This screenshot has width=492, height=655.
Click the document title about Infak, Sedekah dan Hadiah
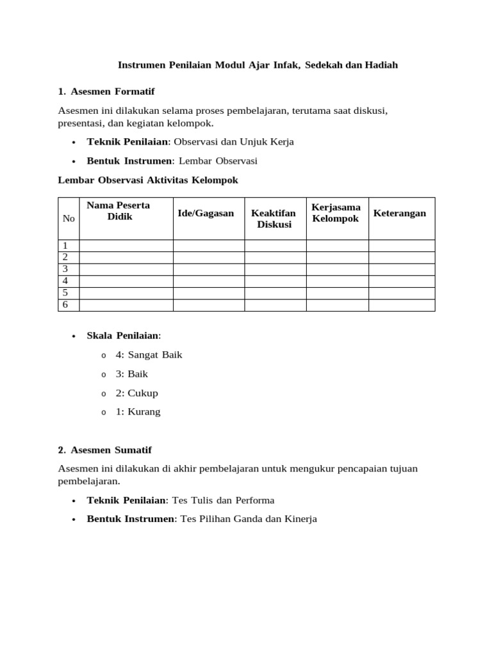point(258,65)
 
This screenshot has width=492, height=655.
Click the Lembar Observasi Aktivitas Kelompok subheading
point(148,180)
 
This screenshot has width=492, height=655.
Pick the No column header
point(69,218)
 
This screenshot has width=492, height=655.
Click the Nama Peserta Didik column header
point(119,211)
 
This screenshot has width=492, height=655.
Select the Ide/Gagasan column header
point(206,213)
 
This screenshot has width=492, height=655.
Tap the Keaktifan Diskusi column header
point(274,219)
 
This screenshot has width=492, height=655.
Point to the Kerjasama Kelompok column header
point(336,213)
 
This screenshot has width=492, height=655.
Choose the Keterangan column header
point(399,213)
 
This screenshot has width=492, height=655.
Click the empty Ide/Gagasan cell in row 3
point(209,269)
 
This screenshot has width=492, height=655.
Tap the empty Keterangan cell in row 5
point(402,293)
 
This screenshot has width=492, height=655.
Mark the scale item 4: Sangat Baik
point(149,354)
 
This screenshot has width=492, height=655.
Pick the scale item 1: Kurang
point(138,412)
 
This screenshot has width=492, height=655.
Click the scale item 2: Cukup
point(136,393)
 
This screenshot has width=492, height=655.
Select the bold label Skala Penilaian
point(123,335)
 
